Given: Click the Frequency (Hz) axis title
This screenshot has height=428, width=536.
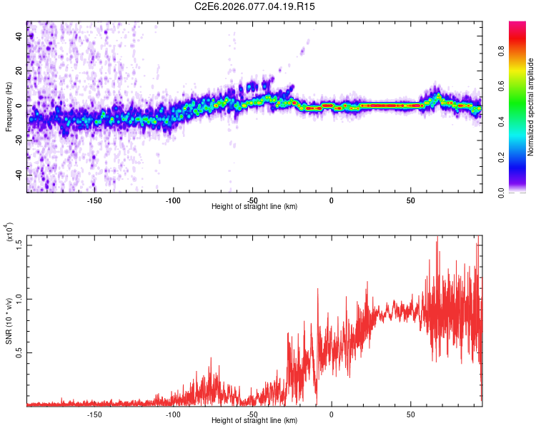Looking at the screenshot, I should pyautogui.click(x=9, y=106).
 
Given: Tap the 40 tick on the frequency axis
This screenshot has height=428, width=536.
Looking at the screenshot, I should pyautogui.click(x=19, y=36).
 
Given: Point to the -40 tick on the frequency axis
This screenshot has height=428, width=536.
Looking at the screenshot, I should pyautogui.click(x=18, y=175).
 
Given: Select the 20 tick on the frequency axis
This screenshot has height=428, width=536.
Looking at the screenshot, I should pyautogui.click(x=19, y=71).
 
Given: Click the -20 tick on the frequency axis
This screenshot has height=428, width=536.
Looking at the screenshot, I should pyautogui.click(x=18, y=141).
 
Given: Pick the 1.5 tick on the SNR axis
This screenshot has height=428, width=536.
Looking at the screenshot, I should pyautogui.click(x=19, y=245).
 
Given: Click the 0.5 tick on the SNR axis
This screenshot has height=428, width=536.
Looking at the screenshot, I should pyautogui.click(x=19, y=352).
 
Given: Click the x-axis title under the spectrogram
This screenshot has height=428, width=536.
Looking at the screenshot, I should pyautogui.click(x=254, y=206).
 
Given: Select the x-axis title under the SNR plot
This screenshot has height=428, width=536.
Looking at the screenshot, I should pyautogui.click(x=254, y=420).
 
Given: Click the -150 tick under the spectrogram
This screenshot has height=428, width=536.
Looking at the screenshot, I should pyautogui.click(x=94, y=200).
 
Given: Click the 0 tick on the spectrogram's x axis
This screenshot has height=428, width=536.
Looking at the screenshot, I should pyautogui.click(x=332, y=200).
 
